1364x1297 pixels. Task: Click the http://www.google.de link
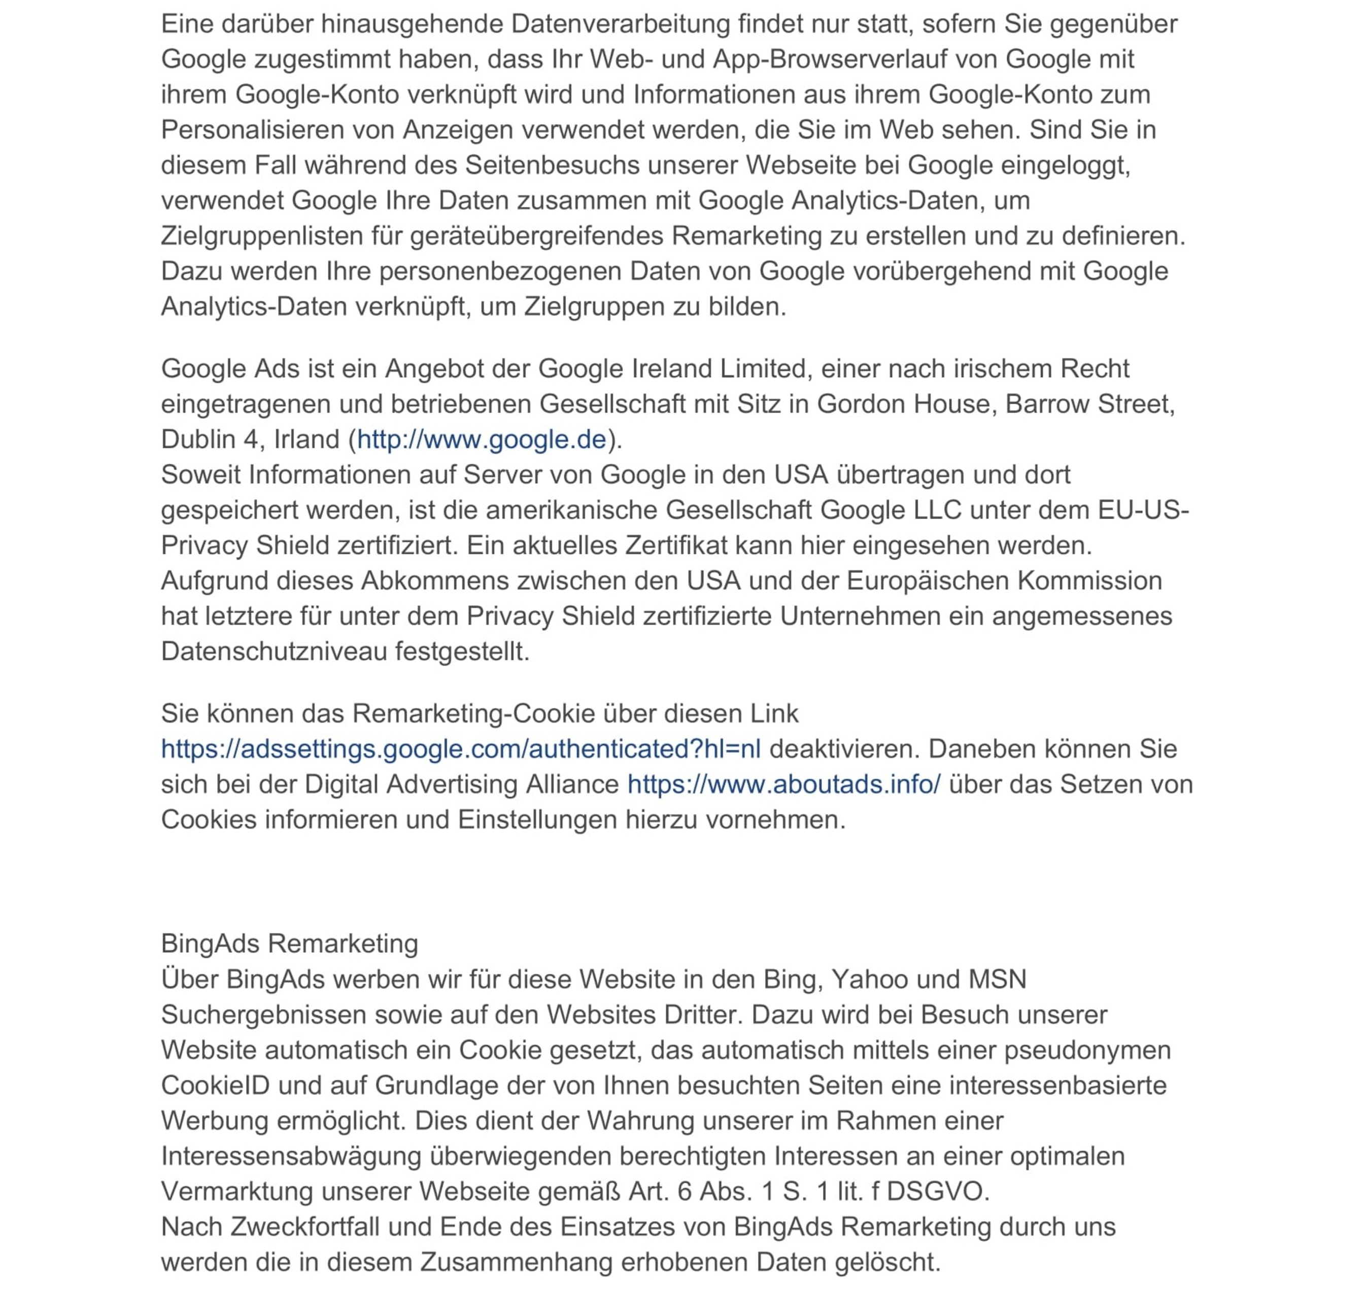tap(481, 440)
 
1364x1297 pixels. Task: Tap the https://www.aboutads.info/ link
tap(783, 784)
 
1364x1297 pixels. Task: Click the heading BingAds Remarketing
tap(290, 943)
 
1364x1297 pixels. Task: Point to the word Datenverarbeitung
tap(621, 24)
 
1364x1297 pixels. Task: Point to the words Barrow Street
tap(1089, 404)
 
